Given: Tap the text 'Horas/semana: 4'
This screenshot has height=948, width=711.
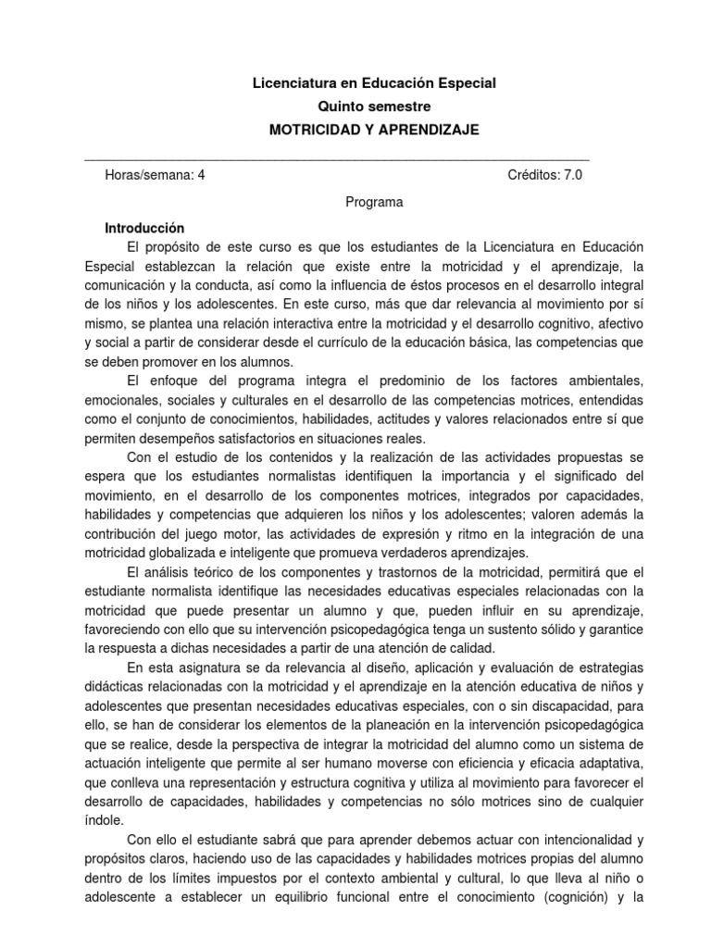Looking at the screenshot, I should pyautogui.click(x=155, y=176).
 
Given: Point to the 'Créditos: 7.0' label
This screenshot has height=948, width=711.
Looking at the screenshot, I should pyautogui.click(x=545, y=176).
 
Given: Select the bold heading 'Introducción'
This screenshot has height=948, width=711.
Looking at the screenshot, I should pyautogui.click(x=145, y=228).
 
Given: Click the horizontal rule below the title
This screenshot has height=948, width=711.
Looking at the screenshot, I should pyautogui.click(x=337, y=158).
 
